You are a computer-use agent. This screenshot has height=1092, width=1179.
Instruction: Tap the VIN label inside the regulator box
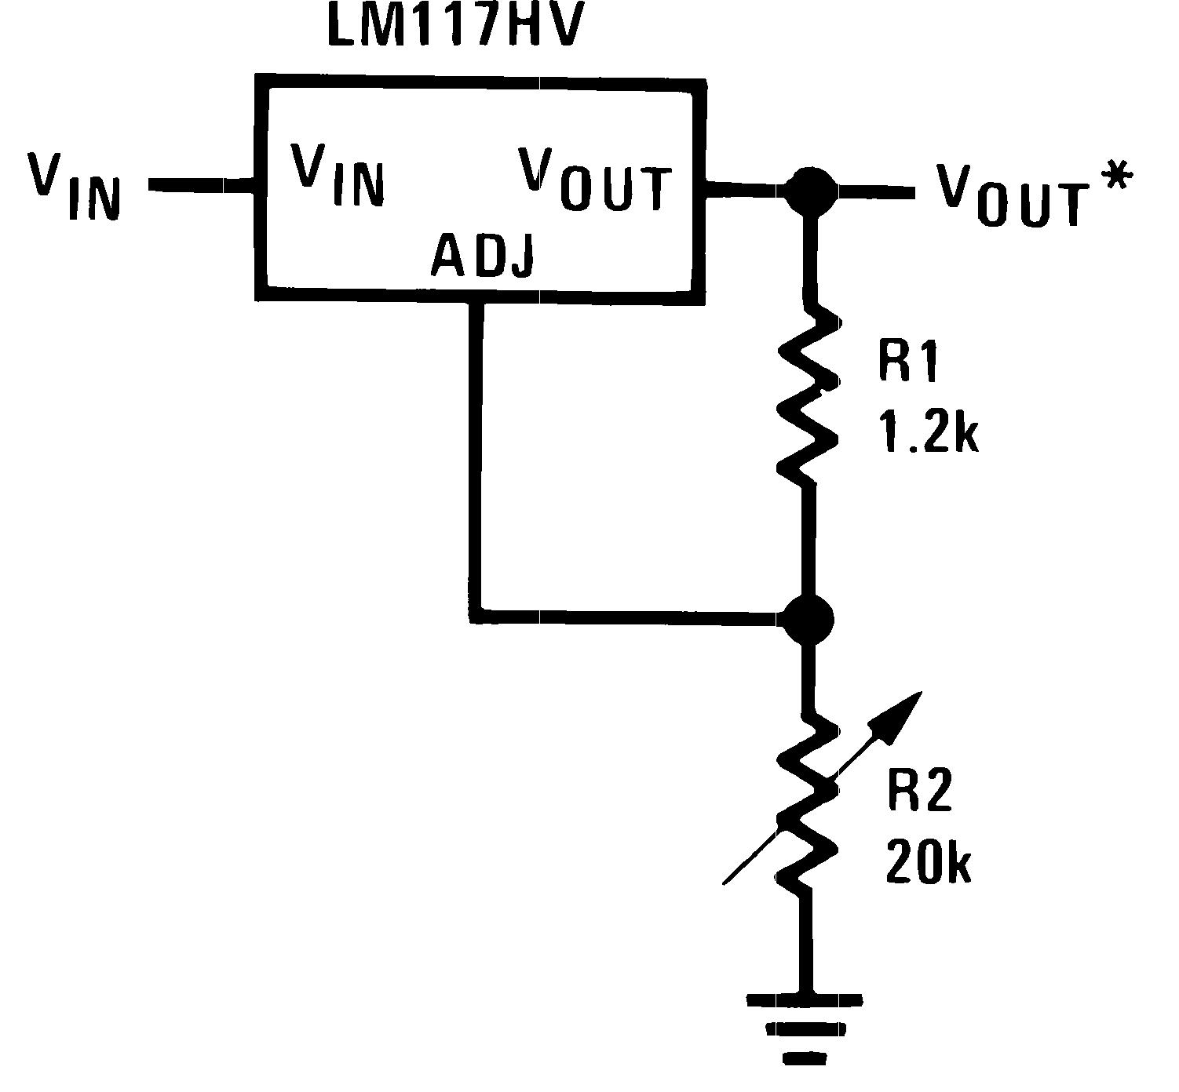click(338, 174)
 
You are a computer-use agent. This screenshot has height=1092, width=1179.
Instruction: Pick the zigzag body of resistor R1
click(809, 392)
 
